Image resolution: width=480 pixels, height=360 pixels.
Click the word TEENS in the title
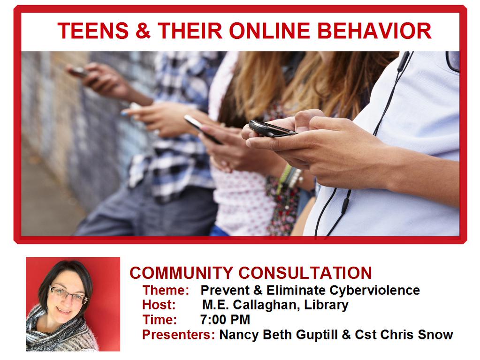(x=92, y=31)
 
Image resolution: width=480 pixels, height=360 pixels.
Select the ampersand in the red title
(x=143, y=31)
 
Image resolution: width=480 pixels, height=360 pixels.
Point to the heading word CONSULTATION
(x=305, y=273)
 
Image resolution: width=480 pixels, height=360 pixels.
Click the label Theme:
(x=166, y=290)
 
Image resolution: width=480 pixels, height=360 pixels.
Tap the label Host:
(x=159, y=305)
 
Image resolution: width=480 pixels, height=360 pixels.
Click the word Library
(x=326, y=305)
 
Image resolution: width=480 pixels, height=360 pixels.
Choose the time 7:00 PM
(x=225, y=320)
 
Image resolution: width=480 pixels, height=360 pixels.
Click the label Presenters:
(x=179, y=335)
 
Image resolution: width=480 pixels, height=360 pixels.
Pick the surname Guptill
(x=314, y=335)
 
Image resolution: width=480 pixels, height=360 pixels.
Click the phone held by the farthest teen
(x=79, y=72)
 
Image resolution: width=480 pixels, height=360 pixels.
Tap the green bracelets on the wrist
(x=285, y=178)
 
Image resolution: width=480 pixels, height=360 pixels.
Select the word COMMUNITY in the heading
(x=181, y=273)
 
